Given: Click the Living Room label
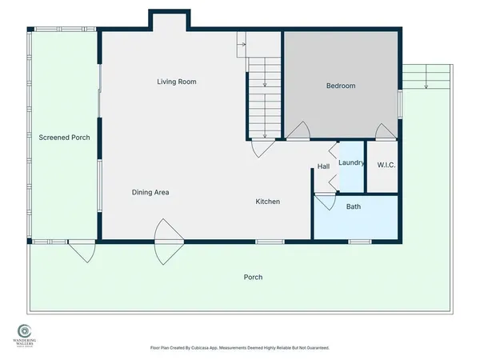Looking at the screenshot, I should coord(176,82).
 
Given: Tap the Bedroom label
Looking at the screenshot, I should coord(340,86).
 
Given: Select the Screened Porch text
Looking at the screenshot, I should coord(64,138).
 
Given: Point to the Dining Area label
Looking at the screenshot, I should coord(150,192).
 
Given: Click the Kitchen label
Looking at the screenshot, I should coord(267,202).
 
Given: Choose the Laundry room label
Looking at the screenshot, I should coord(351,162).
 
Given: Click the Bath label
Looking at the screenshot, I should coord(353,206).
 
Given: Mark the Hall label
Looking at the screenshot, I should coord(323,166).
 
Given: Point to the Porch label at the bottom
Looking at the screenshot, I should coord(253,277).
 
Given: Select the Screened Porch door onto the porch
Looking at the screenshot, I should coord(81,249).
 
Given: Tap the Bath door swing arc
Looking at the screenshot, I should coord(325,201).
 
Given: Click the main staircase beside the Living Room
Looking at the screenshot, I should coord(264,96).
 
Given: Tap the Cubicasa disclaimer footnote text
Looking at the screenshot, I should coord(239,348).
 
